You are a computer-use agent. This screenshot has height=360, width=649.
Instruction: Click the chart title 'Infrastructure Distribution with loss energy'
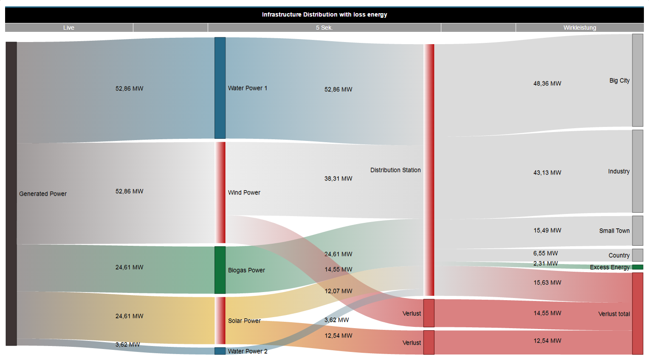click(324, 14)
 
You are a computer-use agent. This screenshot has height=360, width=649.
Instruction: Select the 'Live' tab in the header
click(69, 28)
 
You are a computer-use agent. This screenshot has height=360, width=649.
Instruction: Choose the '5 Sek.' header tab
click(324, 28)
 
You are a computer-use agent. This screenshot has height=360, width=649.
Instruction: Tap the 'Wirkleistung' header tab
click(580, 28)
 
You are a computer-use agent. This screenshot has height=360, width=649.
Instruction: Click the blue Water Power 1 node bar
click(220, 88)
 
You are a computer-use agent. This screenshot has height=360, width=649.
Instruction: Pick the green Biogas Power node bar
click(220, 270)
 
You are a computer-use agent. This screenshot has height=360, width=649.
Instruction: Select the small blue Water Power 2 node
click(220, 351)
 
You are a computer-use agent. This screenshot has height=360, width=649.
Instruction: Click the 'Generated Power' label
click(43, 194)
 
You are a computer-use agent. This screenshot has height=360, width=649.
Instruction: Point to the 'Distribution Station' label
click(395, 170)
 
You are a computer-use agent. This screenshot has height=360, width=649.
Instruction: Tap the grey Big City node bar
click(638, 80)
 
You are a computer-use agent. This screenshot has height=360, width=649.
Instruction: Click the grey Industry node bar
click(638, 171)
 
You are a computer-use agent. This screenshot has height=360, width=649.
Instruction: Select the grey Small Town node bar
click(638, 231)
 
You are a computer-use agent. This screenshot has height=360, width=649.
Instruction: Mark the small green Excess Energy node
click(638, 267)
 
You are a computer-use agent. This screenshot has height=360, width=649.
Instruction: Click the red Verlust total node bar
click(638, 313)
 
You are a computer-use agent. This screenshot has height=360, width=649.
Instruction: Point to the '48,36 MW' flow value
click(547, 84)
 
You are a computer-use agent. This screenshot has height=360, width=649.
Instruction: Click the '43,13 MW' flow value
click(547, 173)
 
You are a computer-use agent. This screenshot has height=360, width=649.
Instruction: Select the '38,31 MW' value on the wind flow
click(338, 179)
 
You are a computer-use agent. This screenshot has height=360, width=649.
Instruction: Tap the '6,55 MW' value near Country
click(545, 253)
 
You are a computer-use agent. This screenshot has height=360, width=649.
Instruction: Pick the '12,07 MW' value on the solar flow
click(338, 291)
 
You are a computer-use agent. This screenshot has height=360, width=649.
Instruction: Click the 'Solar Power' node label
click(244, 321)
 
